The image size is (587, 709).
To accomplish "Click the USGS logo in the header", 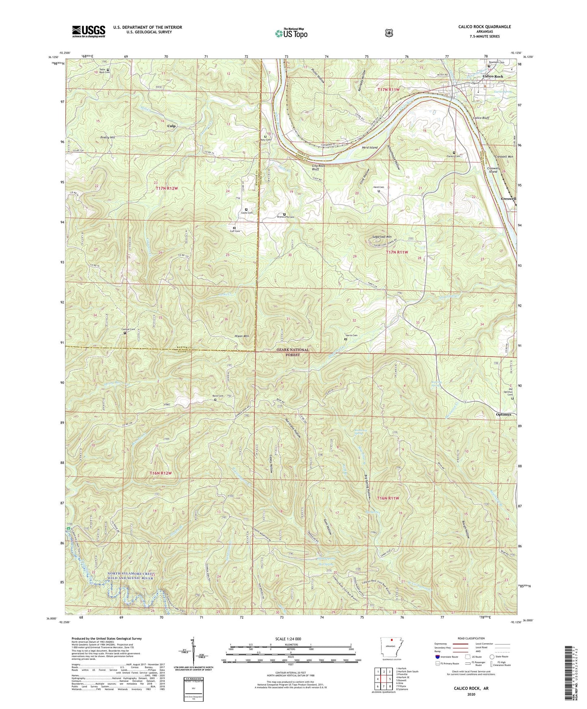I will click(89, 31).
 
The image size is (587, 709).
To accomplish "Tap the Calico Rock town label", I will click(493, 76).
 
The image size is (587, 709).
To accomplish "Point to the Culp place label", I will click(172, 126).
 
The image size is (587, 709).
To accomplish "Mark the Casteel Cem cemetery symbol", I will click(125, 333).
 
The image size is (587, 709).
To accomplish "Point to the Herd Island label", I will click(370, 147).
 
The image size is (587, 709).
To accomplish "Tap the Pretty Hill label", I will click(108, 138).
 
